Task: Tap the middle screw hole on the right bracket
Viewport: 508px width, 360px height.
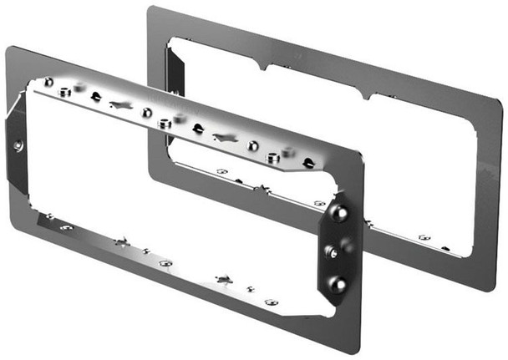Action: coord(333,251)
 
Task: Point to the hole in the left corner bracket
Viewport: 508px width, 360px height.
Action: coord(18,145)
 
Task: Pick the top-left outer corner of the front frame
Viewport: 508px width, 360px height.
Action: coord(8,48)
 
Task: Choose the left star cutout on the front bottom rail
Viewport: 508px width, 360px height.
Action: coord(122,244)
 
